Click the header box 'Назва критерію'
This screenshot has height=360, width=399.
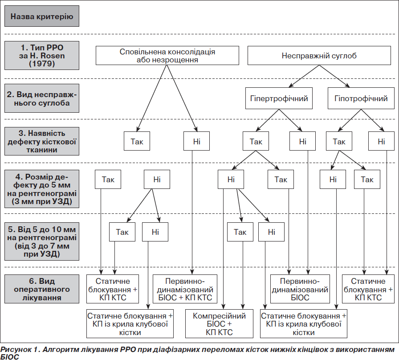tap(42, 16)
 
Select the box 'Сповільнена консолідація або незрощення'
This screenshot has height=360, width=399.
tap(167, 56)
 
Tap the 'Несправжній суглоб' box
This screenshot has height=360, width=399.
tap(319, 56)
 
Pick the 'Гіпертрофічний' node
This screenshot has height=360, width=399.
tap(279, 98)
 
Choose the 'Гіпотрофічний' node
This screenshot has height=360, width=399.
tap(361, 98)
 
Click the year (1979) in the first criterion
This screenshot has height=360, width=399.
tap(42, 63)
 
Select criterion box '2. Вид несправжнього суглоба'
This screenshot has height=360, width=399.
tap(42, 98)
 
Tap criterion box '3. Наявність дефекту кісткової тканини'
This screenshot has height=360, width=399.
tap(42, 141)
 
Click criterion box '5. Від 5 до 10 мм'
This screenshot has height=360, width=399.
tap(42, 241)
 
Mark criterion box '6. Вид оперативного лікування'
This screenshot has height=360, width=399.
tap(42, 289)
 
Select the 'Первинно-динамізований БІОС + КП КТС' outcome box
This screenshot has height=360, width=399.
tap(185, 289)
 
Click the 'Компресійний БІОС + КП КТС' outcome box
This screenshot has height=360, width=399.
tap(219, 324)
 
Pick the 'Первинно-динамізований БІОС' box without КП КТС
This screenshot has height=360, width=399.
tap(300, 289)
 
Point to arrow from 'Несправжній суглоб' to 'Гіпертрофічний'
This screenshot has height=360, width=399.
tap(304, 76)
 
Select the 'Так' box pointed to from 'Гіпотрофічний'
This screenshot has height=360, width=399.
tap(339, 141)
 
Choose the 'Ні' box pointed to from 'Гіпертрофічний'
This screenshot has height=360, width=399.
tap(302, 141)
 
